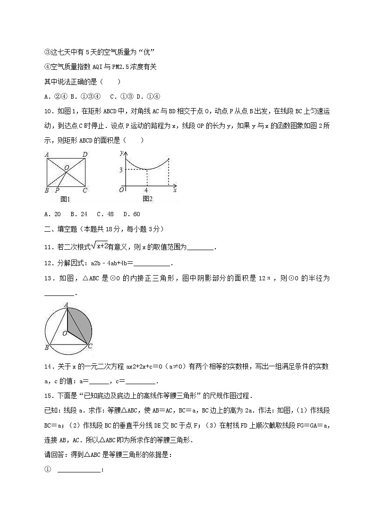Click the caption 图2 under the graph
click(x=148, y=199)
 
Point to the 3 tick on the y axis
click(x=121, y=170)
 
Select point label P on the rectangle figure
click(x=57, y=190)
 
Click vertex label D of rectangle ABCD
click(x=85, y=154)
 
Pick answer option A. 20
click(x=52, y=214)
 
